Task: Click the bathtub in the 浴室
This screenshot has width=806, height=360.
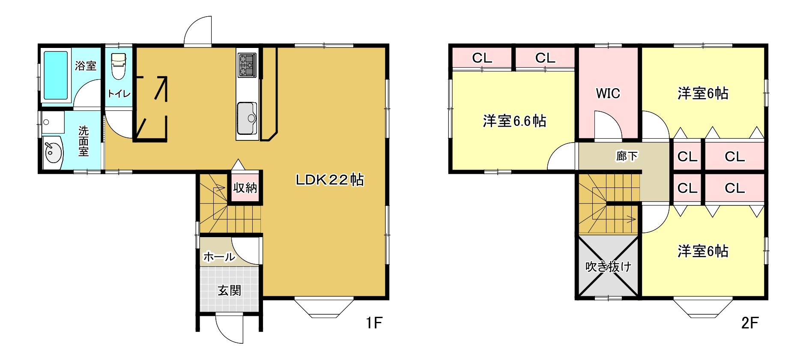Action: tap(56, 76)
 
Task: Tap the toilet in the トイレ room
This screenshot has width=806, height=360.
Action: tap(118, 66)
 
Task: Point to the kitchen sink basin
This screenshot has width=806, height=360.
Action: tap(247, 118)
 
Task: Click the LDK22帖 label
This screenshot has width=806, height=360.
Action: tap(330, 180)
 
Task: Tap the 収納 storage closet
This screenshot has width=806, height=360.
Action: tap(245, 187)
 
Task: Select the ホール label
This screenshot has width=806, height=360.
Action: tap(219, 257)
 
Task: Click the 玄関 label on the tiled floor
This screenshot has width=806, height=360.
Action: tap(230, 291)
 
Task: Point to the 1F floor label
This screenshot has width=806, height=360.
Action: tap(373, 323)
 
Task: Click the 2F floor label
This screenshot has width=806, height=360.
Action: tap(749, 323)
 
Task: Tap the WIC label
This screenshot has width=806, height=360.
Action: tap(608, 93)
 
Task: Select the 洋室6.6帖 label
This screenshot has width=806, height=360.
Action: tap(514, 122)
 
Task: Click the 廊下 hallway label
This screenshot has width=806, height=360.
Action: tap(627, 156)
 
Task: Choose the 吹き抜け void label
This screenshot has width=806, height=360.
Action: tap(608, 267)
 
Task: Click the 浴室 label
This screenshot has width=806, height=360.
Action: tap(86, 66)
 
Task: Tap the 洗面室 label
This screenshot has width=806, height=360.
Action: tap(84, 141)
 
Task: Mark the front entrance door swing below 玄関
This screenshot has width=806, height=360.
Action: tap(230, 329)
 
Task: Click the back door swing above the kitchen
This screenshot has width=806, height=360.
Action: tap(198, 31)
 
